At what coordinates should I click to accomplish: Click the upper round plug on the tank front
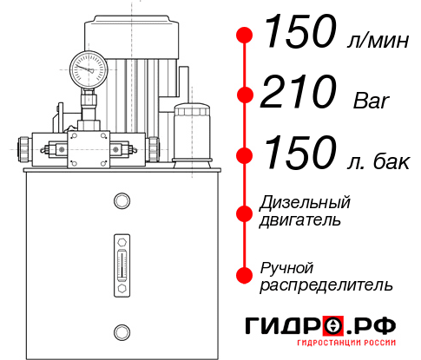(121, 202)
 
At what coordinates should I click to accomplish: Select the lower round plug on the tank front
(121, 331)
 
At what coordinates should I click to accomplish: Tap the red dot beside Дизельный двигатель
(245, 212)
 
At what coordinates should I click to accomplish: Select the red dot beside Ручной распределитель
(245, 275)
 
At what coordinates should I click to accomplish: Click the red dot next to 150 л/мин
(245, 36)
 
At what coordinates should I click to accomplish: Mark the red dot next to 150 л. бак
(245, 154)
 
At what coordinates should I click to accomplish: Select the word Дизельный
(306, 203)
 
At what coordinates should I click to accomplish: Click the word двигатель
(300, 220)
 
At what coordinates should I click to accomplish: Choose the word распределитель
(326, 285)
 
